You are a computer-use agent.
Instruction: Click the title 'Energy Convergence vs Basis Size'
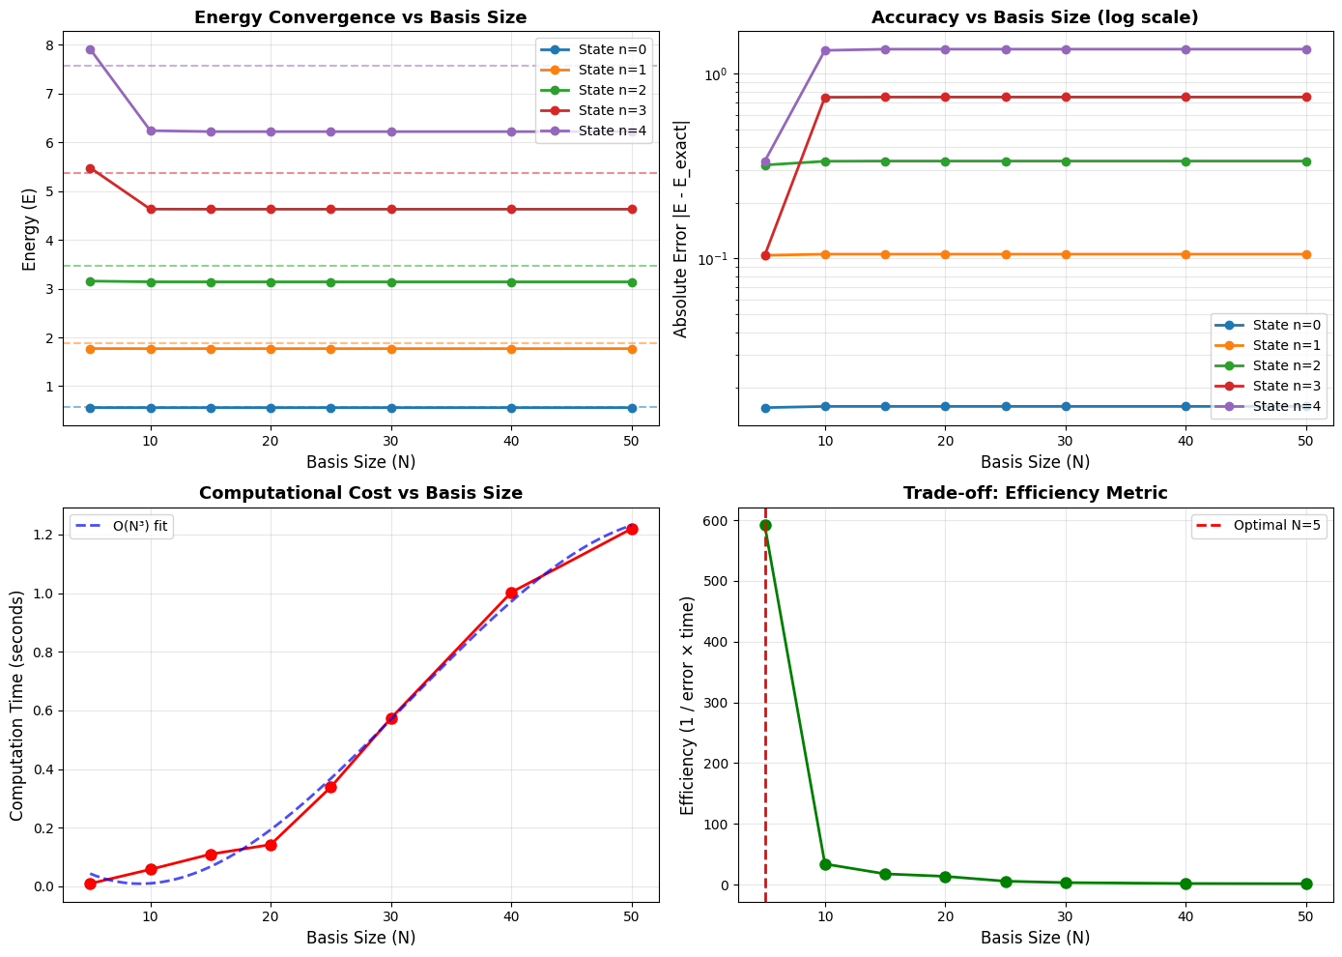point(360,17)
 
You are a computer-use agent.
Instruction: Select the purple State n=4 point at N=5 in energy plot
point(90,49)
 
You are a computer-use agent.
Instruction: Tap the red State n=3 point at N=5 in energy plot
point(90,168)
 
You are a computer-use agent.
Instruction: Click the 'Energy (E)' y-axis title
point(29,229)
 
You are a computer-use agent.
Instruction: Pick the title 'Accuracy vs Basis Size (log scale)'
point(1035,17)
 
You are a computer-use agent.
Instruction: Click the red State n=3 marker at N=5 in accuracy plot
point(765,255)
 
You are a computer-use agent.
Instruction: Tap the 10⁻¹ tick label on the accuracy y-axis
point(712,259)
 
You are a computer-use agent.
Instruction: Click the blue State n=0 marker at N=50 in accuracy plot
point(1306,407)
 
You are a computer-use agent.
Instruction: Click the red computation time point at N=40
point(511,593)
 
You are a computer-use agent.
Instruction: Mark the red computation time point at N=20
point(271,845)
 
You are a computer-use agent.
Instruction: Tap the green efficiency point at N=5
point(765,525)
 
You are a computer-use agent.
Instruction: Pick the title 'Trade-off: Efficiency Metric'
point(1035,493)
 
